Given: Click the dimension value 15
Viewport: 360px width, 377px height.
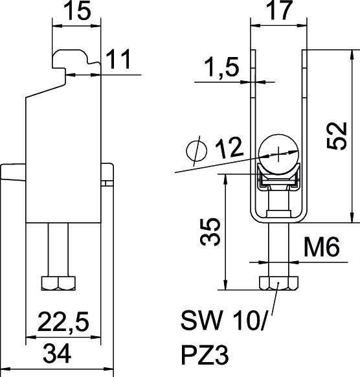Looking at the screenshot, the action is tap(78, 11).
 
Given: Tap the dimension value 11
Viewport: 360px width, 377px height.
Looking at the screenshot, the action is tap(118, 59).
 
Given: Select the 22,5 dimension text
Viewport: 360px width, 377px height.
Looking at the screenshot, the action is tap(63, 322).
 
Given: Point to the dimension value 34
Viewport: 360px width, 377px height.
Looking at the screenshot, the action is tap(57, 354).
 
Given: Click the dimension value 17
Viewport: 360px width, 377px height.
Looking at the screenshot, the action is tap(280, 10).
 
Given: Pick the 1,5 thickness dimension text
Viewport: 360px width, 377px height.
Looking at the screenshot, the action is tap(221, 67).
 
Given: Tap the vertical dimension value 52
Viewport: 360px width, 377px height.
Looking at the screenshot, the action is tap(337, 136).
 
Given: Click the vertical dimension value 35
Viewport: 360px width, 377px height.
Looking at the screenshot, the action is tap(210, 232).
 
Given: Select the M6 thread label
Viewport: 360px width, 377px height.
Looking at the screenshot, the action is tap(322, 247).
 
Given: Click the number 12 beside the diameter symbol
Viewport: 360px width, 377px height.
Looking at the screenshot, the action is tap(229, 148).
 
